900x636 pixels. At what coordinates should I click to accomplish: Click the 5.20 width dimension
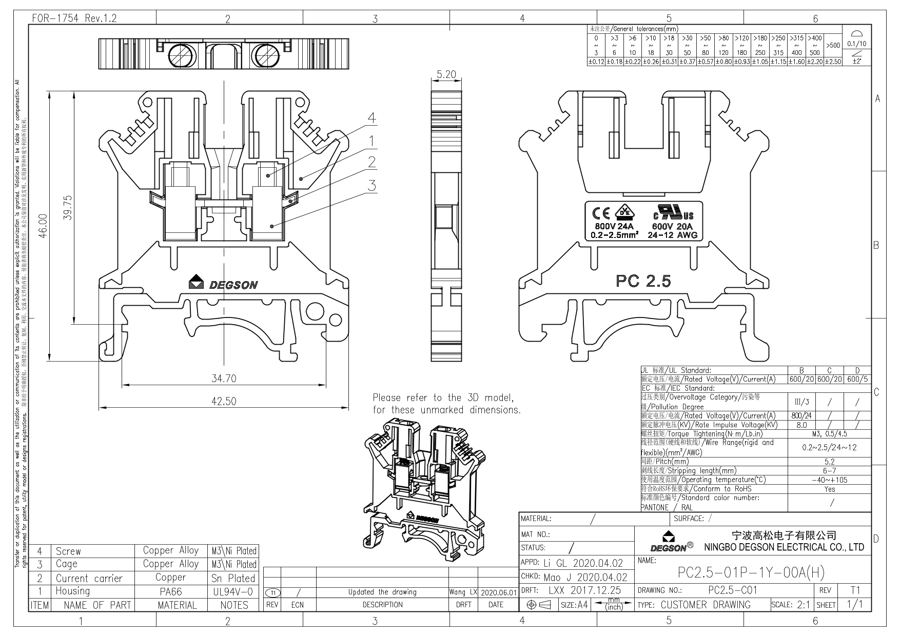tap(446, 75)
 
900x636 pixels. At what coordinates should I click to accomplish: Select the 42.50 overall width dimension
tap(224, 401)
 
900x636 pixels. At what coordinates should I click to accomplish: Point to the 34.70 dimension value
tap(224, 379)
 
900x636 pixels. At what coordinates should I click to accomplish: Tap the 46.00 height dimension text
tap(43, 226)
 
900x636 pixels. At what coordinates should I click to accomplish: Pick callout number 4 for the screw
tap(371, 118)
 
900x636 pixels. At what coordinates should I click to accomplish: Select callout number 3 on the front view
tap(371, 185)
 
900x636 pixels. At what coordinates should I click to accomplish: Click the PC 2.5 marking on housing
tap(643, 281)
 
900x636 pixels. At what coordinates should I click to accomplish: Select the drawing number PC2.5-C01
tap(732, 590)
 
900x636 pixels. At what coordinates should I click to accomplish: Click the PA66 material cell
tap(170, 591)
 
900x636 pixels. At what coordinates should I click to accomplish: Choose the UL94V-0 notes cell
tap(234, 591)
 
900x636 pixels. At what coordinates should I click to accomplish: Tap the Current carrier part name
tap(89, 578)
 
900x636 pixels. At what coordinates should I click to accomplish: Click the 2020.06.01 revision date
tap(498, 592)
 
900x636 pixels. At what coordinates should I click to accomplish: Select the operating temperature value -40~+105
tap(829, 480)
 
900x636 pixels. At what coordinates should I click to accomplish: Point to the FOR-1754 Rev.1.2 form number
tap(74, 18)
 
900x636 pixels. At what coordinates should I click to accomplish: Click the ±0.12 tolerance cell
tap(596, 62)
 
